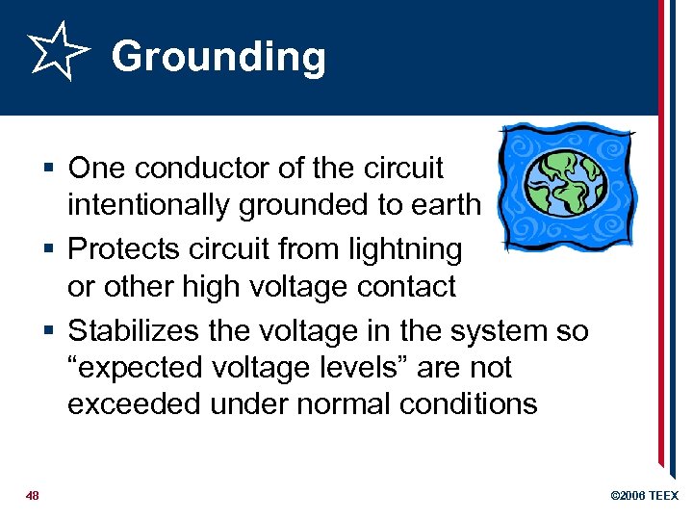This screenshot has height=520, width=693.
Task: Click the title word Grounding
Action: (218, 57)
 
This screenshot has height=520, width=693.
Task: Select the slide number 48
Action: (33, 496)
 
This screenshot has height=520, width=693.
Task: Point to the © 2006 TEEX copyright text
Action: (644, 496)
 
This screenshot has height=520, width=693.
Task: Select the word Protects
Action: (130, 248)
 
